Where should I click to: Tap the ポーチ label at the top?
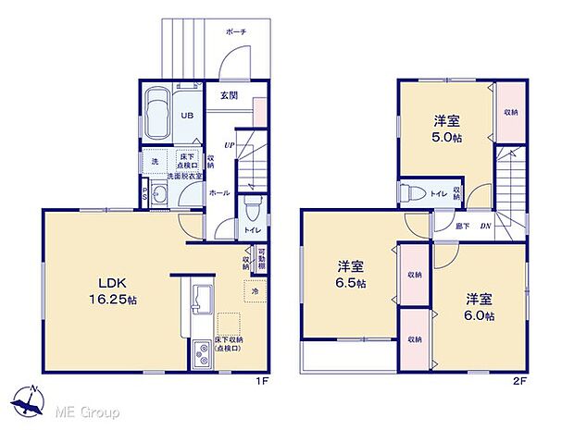(236, 31)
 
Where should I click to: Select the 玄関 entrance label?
(230, 96)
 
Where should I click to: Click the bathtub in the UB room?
(156, 108)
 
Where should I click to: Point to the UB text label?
(187, 116)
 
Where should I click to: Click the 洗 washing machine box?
(154, 162)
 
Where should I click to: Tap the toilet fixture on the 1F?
(252, 204)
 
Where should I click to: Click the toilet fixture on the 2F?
(407, 193)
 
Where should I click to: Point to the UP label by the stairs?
(228, 145)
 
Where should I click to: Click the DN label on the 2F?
(483, 225)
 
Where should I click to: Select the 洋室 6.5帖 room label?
(349, 275)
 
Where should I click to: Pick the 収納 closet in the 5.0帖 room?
(510, 112)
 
